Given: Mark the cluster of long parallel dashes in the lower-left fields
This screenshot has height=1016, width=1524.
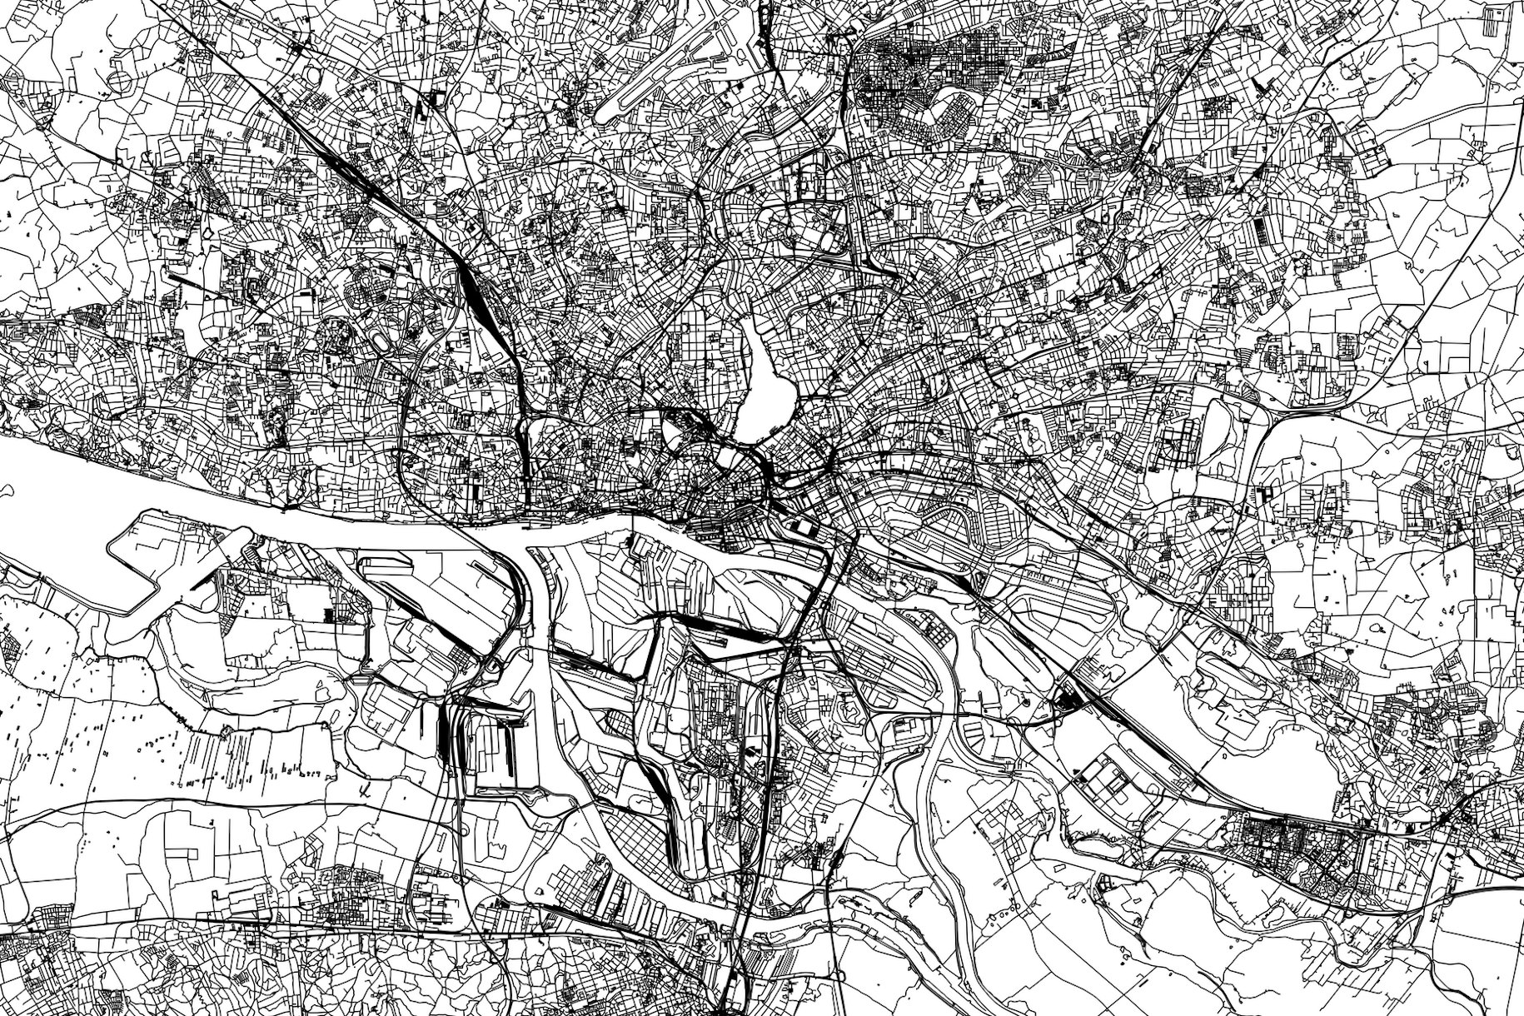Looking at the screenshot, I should (233, 750).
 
